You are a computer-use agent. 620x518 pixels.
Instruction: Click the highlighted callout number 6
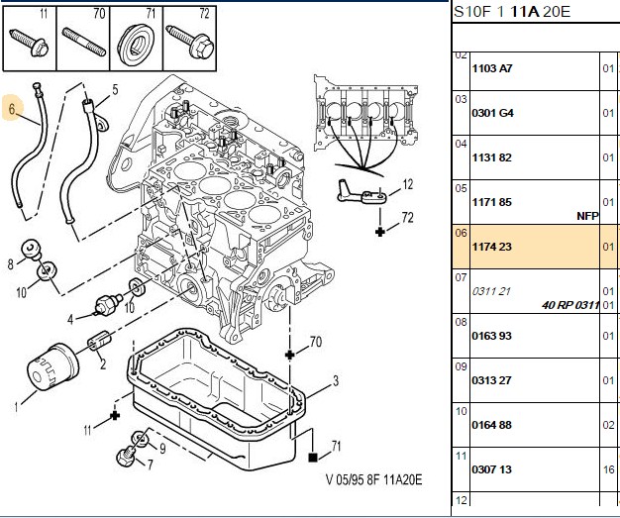[x=12, y=108]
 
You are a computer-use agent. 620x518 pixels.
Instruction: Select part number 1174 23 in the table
[x=491, y=247]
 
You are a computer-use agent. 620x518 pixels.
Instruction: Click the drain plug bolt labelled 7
[x=128, y=457]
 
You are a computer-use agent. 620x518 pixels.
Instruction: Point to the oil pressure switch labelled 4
[x=108, y=306]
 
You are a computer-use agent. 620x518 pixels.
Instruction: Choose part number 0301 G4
[x=492, y=113]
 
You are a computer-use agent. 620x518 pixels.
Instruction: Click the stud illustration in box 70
[x=84, y=42]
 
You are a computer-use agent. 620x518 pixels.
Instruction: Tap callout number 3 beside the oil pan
[x=336, y=380]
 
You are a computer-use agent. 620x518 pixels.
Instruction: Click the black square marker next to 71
[x=313, y=458]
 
